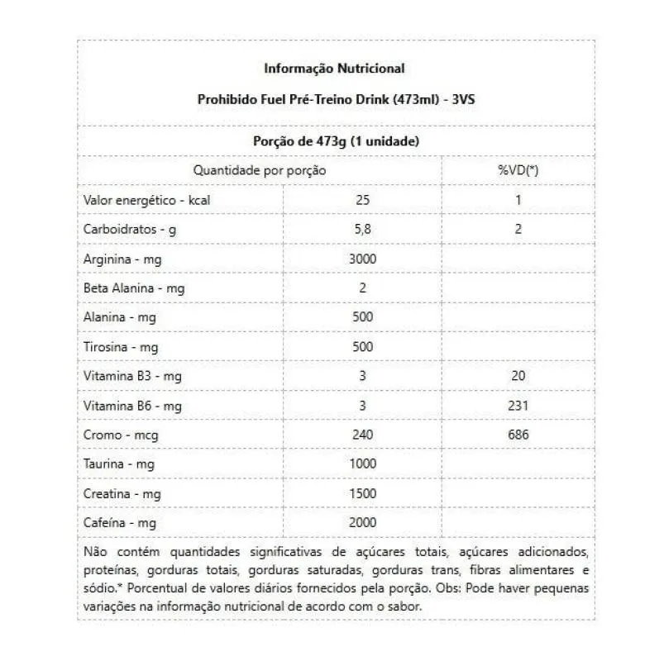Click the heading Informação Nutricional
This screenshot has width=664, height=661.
click(334, 68)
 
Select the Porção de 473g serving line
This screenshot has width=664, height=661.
click(334, 141)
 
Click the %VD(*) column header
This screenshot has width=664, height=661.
click(518, 170)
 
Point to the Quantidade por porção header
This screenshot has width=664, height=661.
click(260, 170)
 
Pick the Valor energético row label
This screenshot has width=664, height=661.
click(140, 200)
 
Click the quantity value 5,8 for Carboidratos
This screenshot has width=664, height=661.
click(362, 229)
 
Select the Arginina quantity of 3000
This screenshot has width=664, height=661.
click(362, 259)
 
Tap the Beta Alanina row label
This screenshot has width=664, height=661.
click(133, 288)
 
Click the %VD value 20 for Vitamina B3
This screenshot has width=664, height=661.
click(518, 376)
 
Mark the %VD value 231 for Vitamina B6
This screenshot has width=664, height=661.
click(518, 406)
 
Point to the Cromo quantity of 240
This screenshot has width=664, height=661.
click(362, 435)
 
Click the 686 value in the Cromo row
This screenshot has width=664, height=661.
click(518, 435)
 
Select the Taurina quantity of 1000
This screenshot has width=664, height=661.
click(362, 464)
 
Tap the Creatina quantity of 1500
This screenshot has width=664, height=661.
click(362, 493)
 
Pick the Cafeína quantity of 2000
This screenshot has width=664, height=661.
click(362, 522)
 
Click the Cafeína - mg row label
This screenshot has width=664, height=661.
click(120, 523)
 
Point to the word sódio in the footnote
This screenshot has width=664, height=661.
click(99, 588)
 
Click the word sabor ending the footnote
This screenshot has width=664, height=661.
click(405, 606)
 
